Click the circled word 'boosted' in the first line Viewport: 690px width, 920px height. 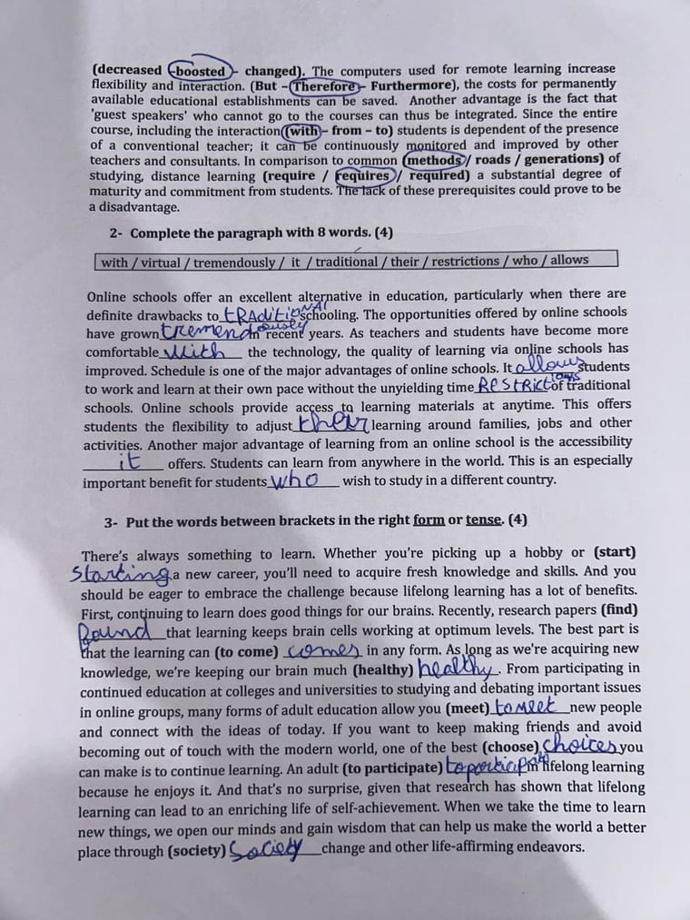[x=200, y=70]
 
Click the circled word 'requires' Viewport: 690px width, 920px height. [x=364, y=174]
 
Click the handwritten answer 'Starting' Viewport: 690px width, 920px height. [x=120, y=573]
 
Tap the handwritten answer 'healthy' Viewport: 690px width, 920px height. [x=470, y=669]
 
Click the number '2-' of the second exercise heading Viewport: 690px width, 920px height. [x=117, y=232]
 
